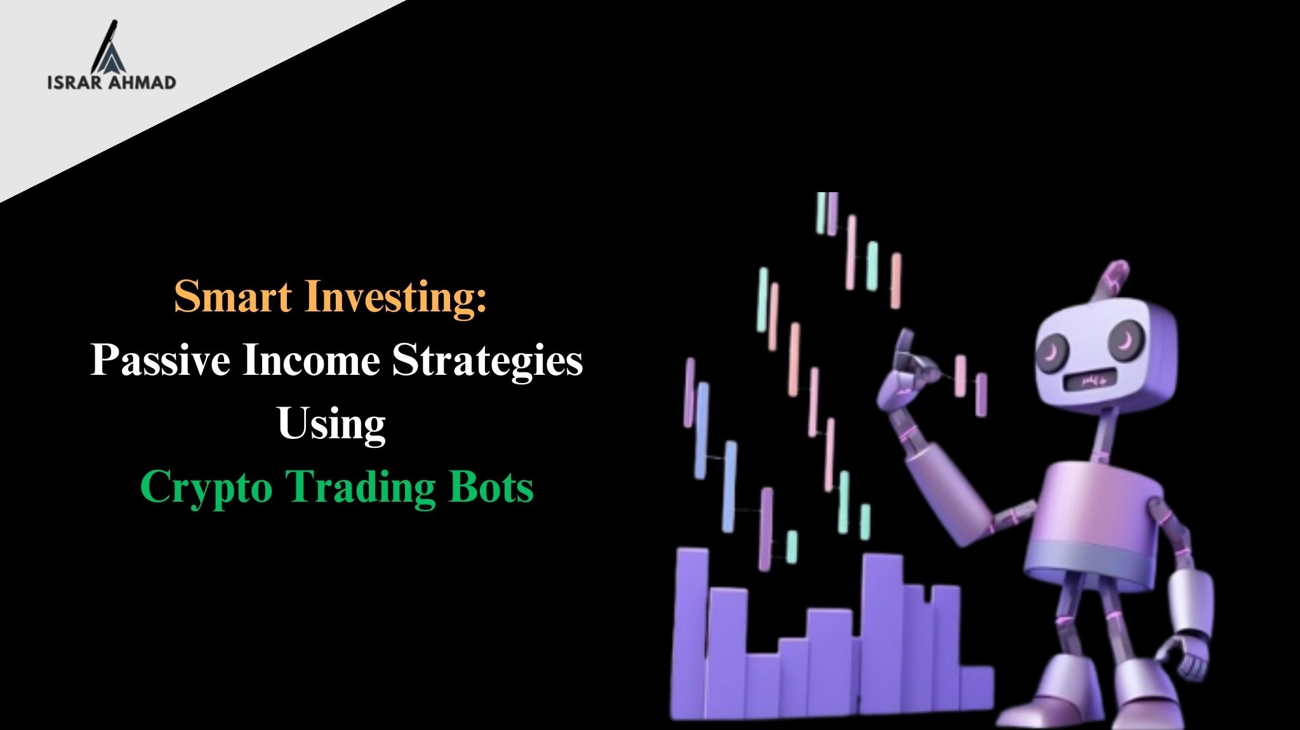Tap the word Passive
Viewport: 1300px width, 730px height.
coord(160,361)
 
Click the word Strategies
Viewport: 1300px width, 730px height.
coord(487,362)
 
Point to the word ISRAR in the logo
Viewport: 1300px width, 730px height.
coord(73,82)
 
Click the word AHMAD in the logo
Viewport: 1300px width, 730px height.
coord(141,82)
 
